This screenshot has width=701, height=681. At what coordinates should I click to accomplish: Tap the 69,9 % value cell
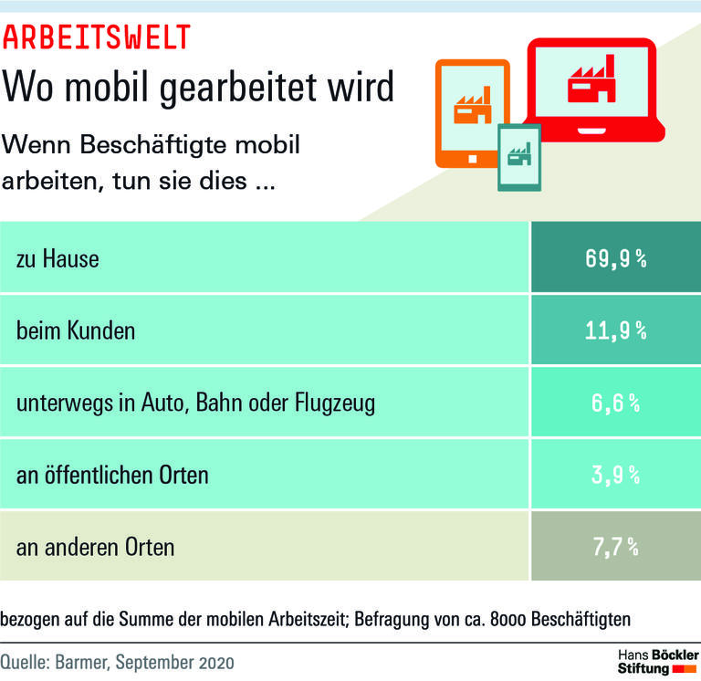(616, 259)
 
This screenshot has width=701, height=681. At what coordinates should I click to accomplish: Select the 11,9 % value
(616, 330)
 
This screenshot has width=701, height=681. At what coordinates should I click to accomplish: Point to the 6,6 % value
(616, 403)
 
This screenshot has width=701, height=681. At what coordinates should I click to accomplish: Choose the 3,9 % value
(616, 475)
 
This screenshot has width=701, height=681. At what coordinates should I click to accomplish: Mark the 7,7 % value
(616, 547)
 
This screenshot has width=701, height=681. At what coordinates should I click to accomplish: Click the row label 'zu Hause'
(58, 259)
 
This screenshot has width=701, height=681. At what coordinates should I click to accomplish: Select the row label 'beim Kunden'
(76, 330)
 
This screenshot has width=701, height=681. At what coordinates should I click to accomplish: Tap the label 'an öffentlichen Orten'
(112, 475)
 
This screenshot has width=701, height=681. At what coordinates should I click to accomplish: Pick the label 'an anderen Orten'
(95, 548)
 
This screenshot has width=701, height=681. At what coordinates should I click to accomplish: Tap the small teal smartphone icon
(518, 157)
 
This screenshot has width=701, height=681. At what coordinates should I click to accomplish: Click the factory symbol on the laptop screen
(591, 84)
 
